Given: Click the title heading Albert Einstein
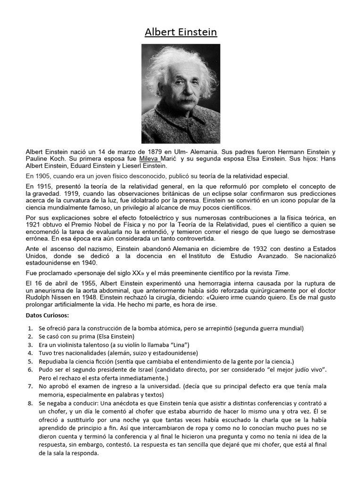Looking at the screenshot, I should (x=181, y=33).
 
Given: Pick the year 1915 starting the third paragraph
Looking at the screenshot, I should (x=43, y=186).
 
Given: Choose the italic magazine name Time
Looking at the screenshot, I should (x=282, y=273).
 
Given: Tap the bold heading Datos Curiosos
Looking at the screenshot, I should (x=47, y=315).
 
